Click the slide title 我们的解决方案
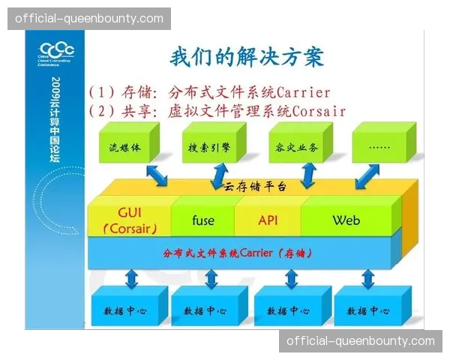[x=247, y=58]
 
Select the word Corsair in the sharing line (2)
[x=315, y=111]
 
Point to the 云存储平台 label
[x=253, y=187]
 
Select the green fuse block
[x=202, y=220]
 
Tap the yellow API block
[x=268, y=220]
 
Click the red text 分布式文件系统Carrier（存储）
[x=237, y=253]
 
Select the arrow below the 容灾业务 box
[x=307, y=177]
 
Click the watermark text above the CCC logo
[x=89, y=17]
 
